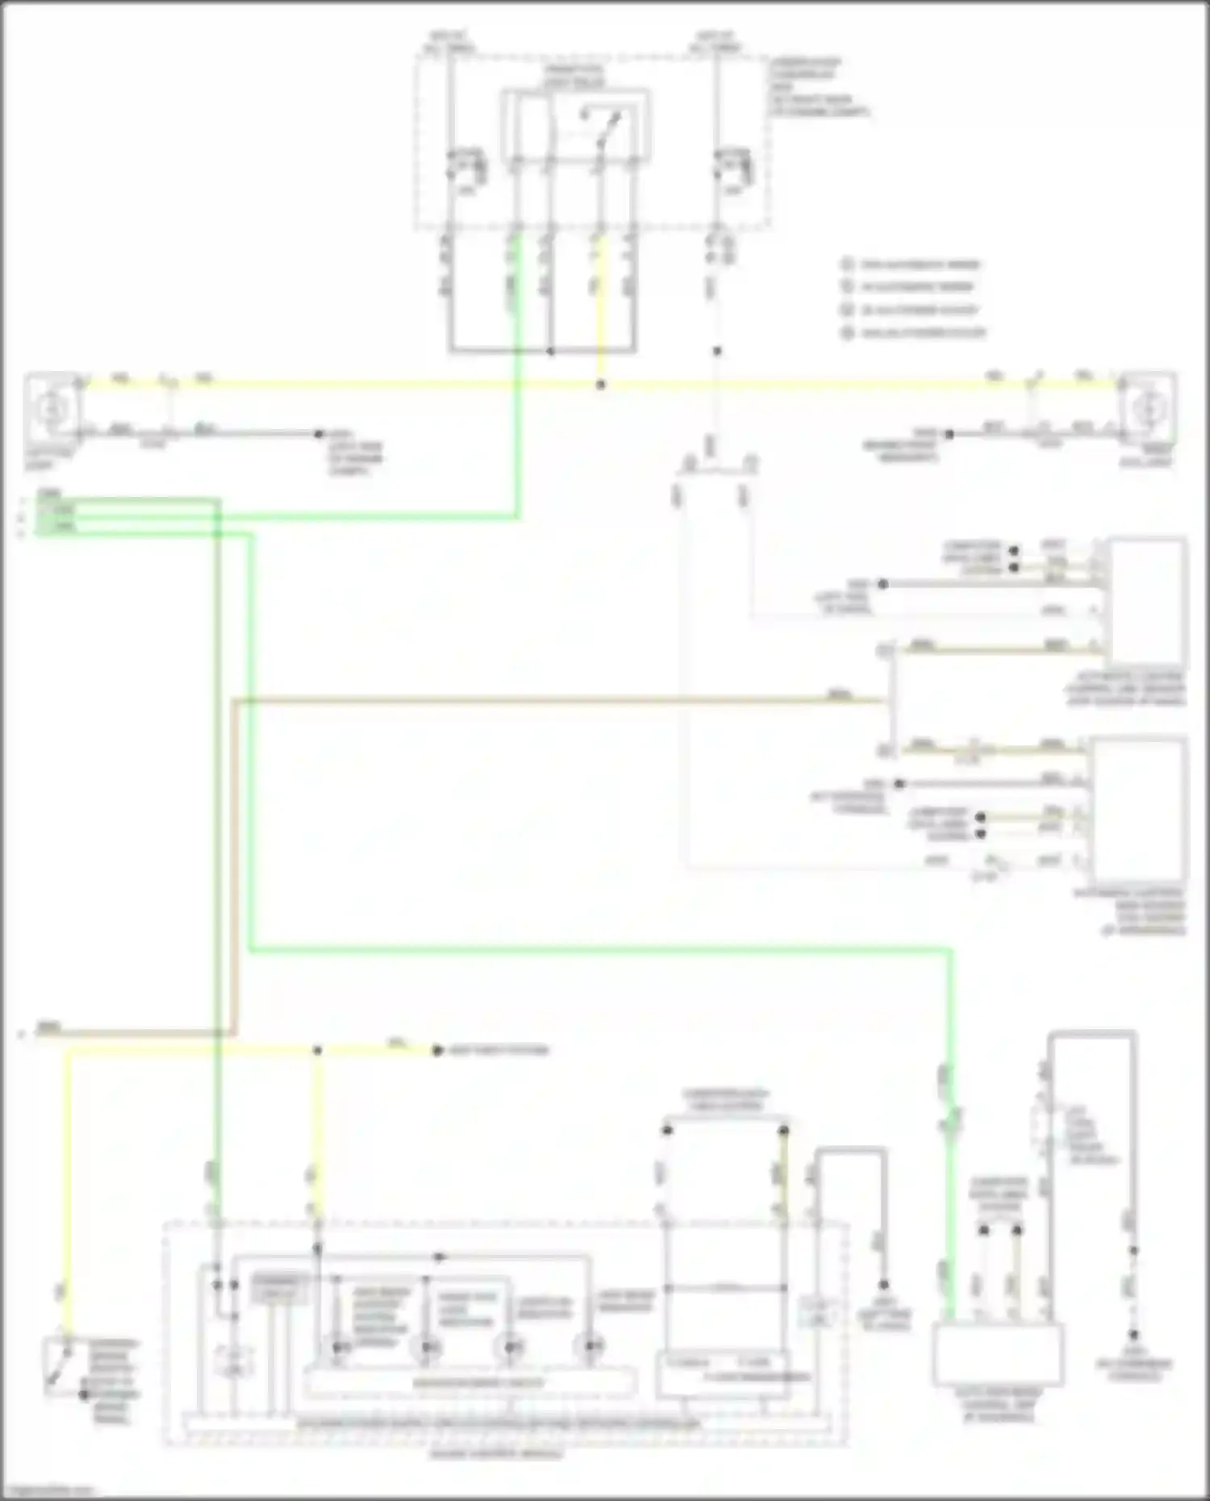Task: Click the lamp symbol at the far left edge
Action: (x=53, y=409)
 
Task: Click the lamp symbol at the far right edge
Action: (x=1146, y=409)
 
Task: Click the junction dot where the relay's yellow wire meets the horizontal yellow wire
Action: (x=600, y=386)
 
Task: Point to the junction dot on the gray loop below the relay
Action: (x=550, y=352)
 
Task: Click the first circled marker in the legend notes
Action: (x=847, y=265)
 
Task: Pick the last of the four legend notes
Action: (x=916, y=332)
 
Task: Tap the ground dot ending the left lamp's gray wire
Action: (x=319, y=434)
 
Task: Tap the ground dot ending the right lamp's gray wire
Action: (x=949, y=434)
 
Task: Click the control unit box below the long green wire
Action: (x=997, y=1354)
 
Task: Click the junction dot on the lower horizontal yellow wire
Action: (x=317, y=1050)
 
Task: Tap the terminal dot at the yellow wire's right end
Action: (x=437, y=1050)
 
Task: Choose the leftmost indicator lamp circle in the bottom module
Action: (x=340, y=1347)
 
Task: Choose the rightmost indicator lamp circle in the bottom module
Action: (x=592, y=1345)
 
